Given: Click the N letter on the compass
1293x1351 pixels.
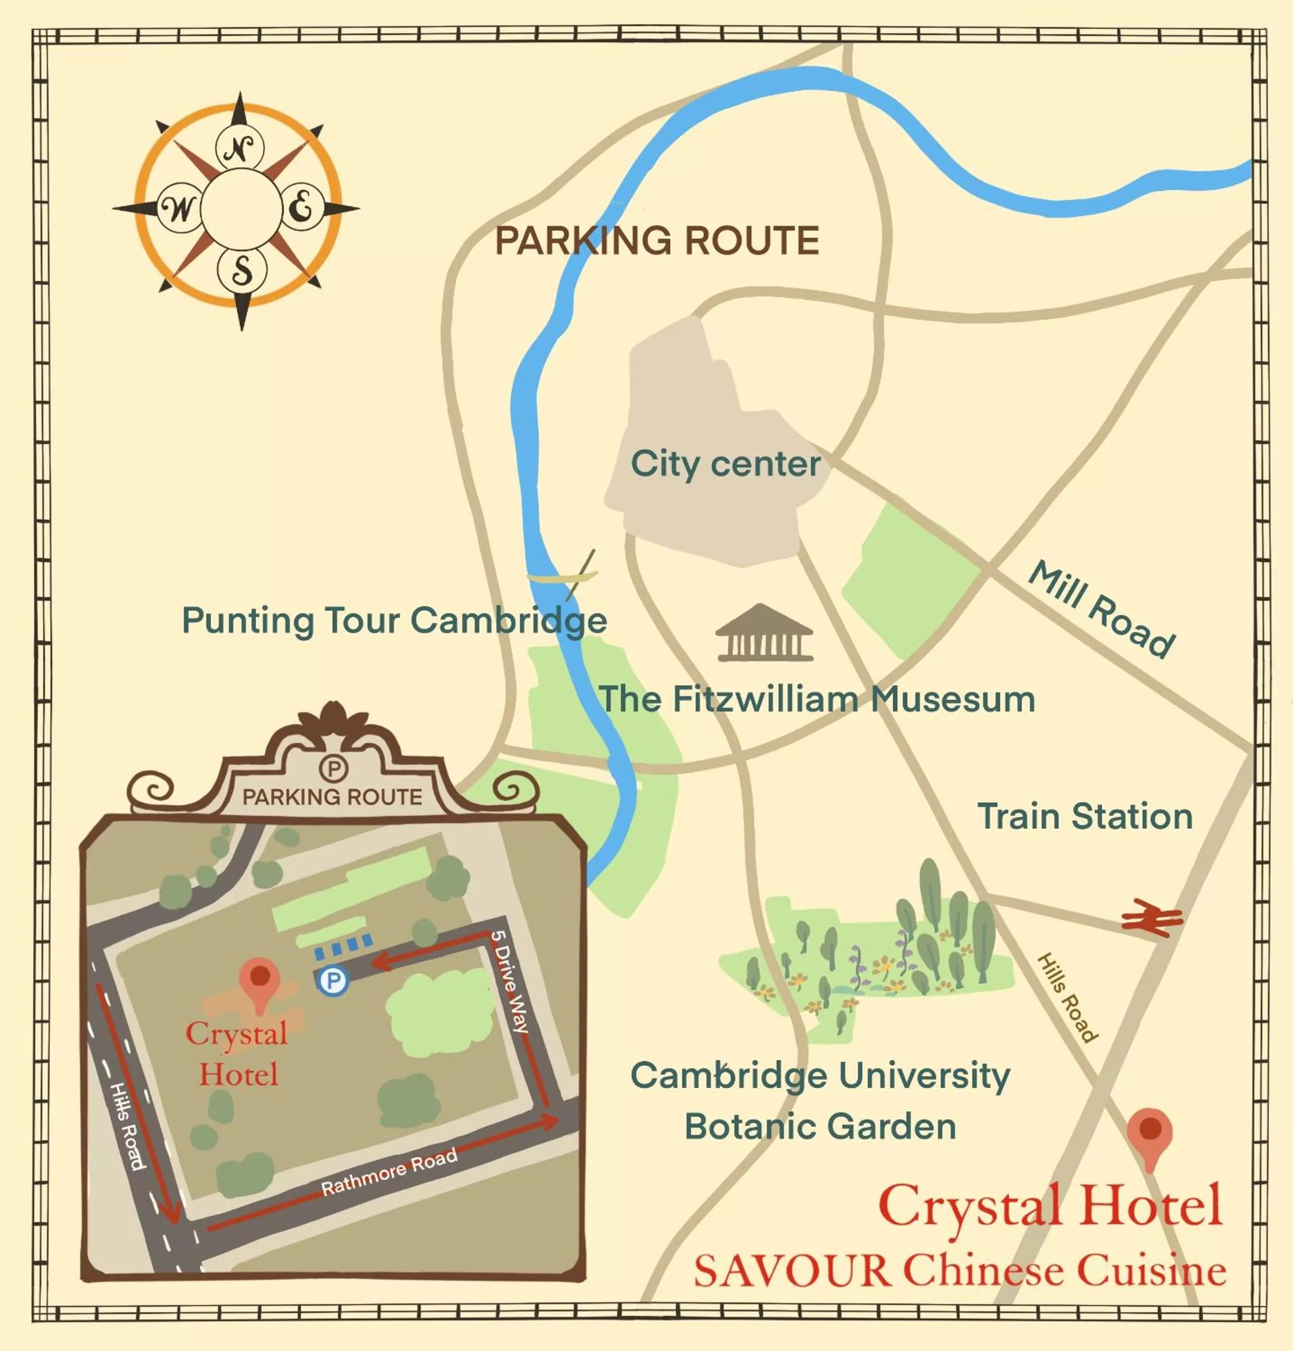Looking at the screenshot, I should (239, 148).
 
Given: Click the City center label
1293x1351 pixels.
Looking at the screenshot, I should (725, 464).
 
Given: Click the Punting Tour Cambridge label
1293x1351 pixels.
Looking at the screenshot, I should (394, 620).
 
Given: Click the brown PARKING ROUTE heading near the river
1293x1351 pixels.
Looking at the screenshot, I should (657, 240).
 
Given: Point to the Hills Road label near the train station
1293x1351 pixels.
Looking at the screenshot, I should (1067, 997).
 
